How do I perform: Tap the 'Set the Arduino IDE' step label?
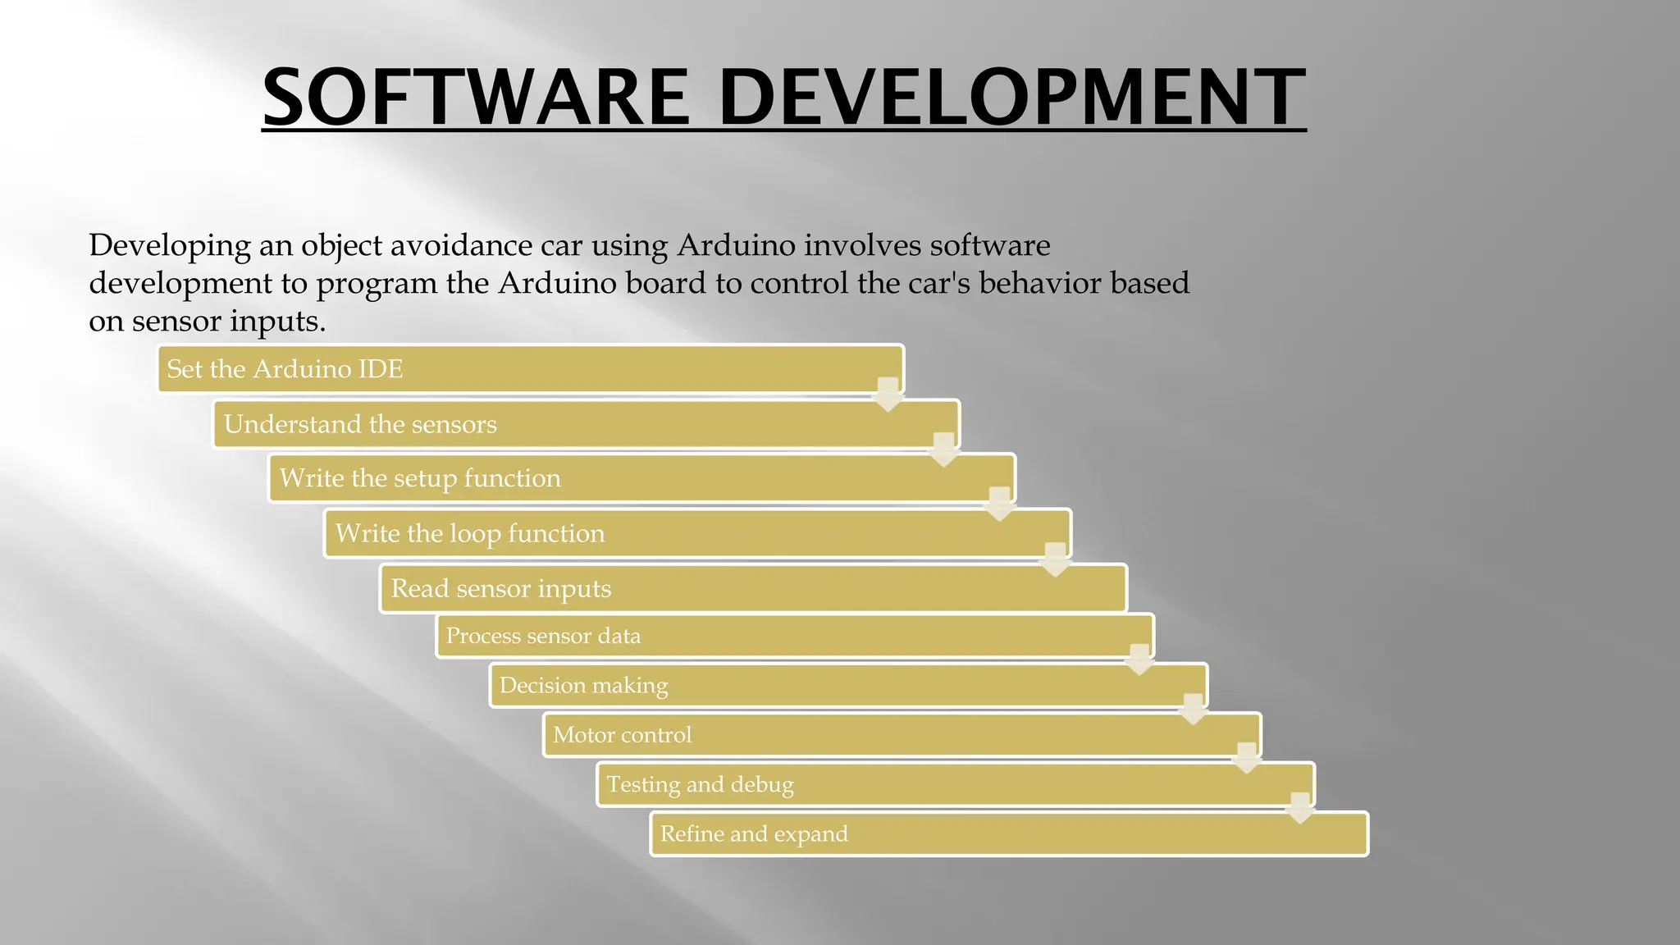(x=285, y=369)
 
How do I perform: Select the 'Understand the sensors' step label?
(x=360, y=424)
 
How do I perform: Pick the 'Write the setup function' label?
(x=420, y=478)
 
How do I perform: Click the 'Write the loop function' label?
(x=470, y=533)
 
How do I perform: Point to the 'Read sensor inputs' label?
(x=500, y=588)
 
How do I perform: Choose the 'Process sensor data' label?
(x=543, y=636)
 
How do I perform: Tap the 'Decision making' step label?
(x=583, y=685)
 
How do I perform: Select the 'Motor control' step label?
(x=622, y=735)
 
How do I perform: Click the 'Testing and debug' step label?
(x=700, y=784)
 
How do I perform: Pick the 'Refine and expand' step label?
(x=754, y=833)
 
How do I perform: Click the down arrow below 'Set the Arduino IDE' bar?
(x=888, y=395)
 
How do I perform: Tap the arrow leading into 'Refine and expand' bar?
(x=1300, y=808)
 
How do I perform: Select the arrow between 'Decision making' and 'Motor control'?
(x=1193, y=710)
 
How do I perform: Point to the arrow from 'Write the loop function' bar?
(x=1055, y=559)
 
